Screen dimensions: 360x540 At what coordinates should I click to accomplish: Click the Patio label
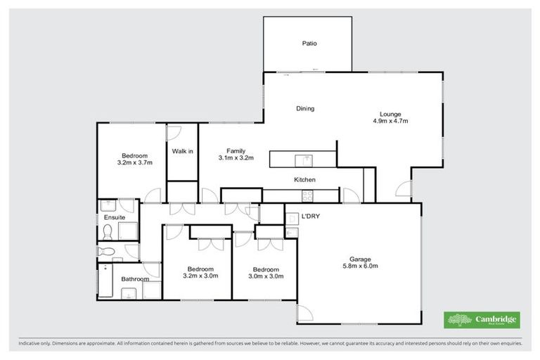[309, 44]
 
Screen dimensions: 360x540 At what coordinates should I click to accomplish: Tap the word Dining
[304, 109]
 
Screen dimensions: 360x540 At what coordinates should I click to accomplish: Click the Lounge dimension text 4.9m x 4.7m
[390, 121]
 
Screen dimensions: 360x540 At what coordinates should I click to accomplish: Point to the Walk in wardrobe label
[182, 151]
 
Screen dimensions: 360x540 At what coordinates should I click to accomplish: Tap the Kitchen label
[304, 180]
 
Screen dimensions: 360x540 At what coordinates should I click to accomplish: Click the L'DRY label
[310, 217]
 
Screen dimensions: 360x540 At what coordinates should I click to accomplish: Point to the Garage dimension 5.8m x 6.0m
[360, 266]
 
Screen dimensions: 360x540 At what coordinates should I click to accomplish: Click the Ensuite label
[114, 218]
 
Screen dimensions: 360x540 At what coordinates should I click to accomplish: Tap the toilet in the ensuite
[107, 251]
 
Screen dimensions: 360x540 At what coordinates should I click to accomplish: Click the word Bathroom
[134, 279]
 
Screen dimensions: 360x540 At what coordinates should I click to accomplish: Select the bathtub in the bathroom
[103, 281]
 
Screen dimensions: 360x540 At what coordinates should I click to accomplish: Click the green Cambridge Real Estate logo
[482, 319]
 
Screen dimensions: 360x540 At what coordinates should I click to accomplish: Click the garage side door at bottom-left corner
[305, 314]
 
